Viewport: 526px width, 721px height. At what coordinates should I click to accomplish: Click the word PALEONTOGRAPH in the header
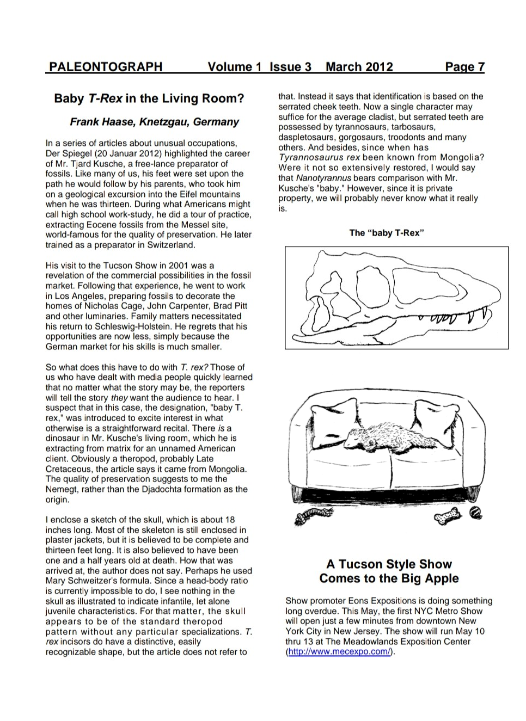pyautogui.click(x=105, y=67)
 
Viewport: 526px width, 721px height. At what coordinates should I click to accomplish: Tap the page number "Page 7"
pyautogui.click(x=464, y=67)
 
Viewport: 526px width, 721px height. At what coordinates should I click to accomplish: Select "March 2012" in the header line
pyautogui.click(x=359, y=67)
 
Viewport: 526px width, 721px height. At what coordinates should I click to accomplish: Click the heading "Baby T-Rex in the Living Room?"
pyautogui.click(x=149, y=98)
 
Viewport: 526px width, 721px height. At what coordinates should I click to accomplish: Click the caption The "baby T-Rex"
pyautogui.click(x=386, y=233)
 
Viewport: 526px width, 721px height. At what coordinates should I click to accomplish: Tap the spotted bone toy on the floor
pyautogui.click(x=448, y=516)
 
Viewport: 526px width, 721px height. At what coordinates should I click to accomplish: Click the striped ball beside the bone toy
pyautogui.click(x=475, y=512)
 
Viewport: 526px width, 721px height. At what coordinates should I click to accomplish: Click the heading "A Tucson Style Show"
pyautogui.click(x=389, y=564)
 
